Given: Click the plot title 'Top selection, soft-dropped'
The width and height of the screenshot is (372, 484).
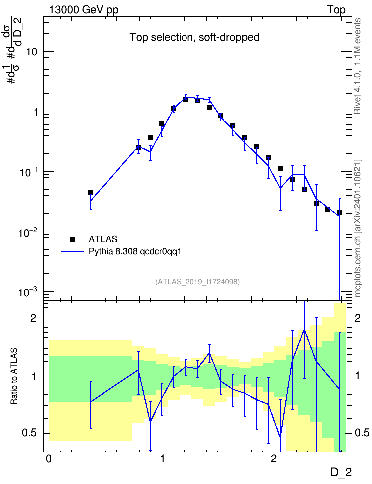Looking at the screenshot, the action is tap(194, 37).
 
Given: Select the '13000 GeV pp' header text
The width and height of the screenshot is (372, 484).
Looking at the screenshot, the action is tap(84, 10).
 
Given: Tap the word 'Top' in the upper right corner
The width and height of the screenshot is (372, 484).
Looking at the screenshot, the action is tap(336, 10).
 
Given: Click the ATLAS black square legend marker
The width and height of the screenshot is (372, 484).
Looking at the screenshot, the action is tap(72, 239).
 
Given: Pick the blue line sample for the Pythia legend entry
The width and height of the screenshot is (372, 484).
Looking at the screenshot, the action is tap(72, 251).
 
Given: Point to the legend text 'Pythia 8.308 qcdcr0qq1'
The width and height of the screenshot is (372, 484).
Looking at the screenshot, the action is tap(135, 252).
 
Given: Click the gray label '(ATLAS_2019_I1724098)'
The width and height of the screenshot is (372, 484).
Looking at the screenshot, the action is tap(197, 282).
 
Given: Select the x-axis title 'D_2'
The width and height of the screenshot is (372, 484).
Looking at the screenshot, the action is tap(341, 472).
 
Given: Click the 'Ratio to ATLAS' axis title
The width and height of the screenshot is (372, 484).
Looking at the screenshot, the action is tap(14, 376).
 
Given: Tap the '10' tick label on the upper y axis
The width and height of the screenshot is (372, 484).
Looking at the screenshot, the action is tap(31, 52).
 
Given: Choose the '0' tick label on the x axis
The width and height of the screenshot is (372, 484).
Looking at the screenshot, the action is tap(49, 459).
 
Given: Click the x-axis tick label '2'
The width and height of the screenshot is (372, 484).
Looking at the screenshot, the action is tap(274, 459).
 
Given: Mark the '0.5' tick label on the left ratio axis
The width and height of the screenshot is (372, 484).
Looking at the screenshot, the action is tap(30, 433).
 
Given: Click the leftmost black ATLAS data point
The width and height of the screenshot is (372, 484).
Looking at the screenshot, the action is tap(91, 193).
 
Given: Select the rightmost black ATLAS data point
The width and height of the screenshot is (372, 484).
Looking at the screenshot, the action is tap(340, 213).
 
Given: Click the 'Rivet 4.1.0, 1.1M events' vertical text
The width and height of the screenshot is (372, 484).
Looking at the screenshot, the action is tap(357, 66).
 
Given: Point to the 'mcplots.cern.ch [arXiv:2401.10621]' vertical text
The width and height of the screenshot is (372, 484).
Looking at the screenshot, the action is tap(358, 229).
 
